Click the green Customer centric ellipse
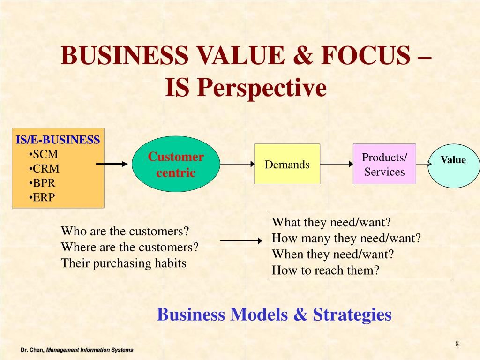[x=176, y=165]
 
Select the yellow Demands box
[x=287, y=164]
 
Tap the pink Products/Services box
[x=384, y=164]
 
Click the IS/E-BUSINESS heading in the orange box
[x=58, y=140]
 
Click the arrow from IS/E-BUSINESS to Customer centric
[x=112, y=164]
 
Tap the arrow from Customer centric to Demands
[x=237, y=164]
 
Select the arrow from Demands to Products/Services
[x=337, y=164]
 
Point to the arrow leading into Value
[x=423, y=164]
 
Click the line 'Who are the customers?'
[x=125, y=232]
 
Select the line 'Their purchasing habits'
[x=124, y=263]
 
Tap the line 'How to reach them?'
[x=325, y=270]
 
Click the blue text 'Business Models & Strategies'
[x=274, y=314]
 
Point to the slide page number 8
[x=457, y=345]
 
